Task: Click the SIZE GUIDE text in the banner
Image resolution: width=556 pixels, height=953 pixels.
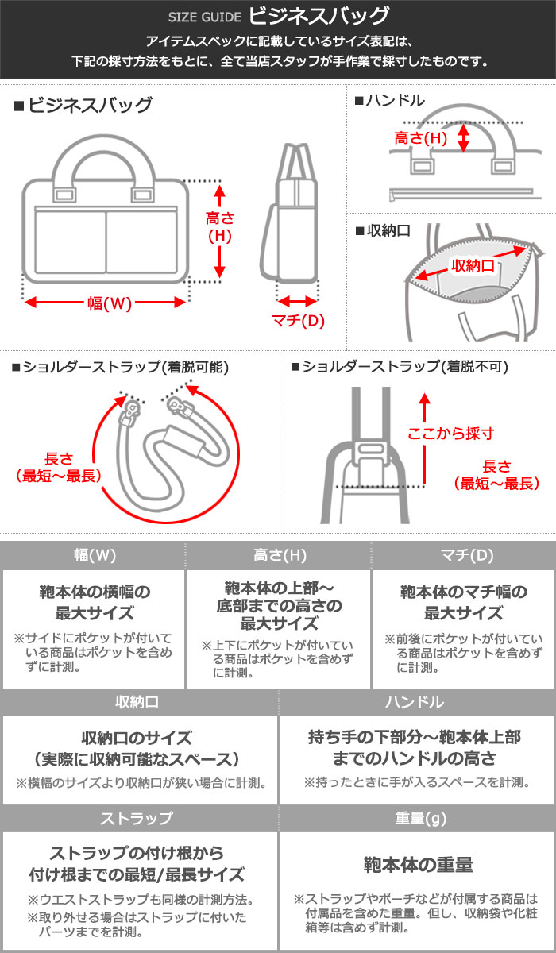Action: pyautogui.click(x=202, y=17)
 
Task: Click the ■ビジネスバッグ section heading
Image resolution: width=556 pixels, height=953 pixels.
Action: pyautogui.click(x=83, y=105)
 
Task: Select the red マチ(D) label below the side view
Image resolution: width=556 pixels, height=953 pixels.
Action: pyautogui.click(x=298, y=321)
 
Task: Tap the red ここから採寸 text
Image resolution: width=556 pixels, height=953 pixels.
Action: pyautogui.click(x=450, y=434)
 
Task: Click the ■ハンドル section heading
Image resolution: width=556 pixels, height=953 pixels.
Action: pyautogui.click(x=389, y=101)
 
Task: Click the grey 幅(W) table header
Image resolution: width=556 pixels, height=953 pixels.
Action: pyautogui.click(x=94, y=556)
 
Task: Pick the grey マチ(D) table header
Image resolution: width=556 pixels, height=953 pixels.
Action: pyautogui.click(x=464, y=556)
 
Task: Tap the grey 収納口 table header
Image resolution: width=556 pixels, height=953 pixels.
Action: pyautogui.click(x=139, y=702)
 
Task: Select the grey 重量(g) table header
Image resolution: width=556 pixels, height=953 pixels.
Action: pyautogui.click(x=417, y=818)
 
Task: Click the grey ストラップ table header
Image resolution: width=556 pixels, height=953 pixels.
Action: pyautogui.click(x=139, y=818)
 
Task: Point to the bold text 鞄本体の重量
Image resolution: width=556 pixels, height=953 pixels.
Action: pyautogui.click(x=418, y=865)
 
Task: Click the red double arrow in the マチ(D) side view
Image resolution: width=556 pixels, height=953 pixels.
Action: pyautogui.click(x=297, y=302)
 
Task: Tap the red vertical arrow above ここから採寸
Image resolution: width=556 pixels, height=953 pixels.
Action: pyautogui.click(x=425, y=437)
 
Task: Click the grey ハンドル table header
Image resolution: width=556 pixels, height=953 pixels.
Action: pyautogui.click(x=417, y=702)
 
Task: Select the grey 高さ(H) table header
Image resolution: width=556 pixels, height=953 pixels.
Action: pyautogui.click(x=279, y=556)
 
